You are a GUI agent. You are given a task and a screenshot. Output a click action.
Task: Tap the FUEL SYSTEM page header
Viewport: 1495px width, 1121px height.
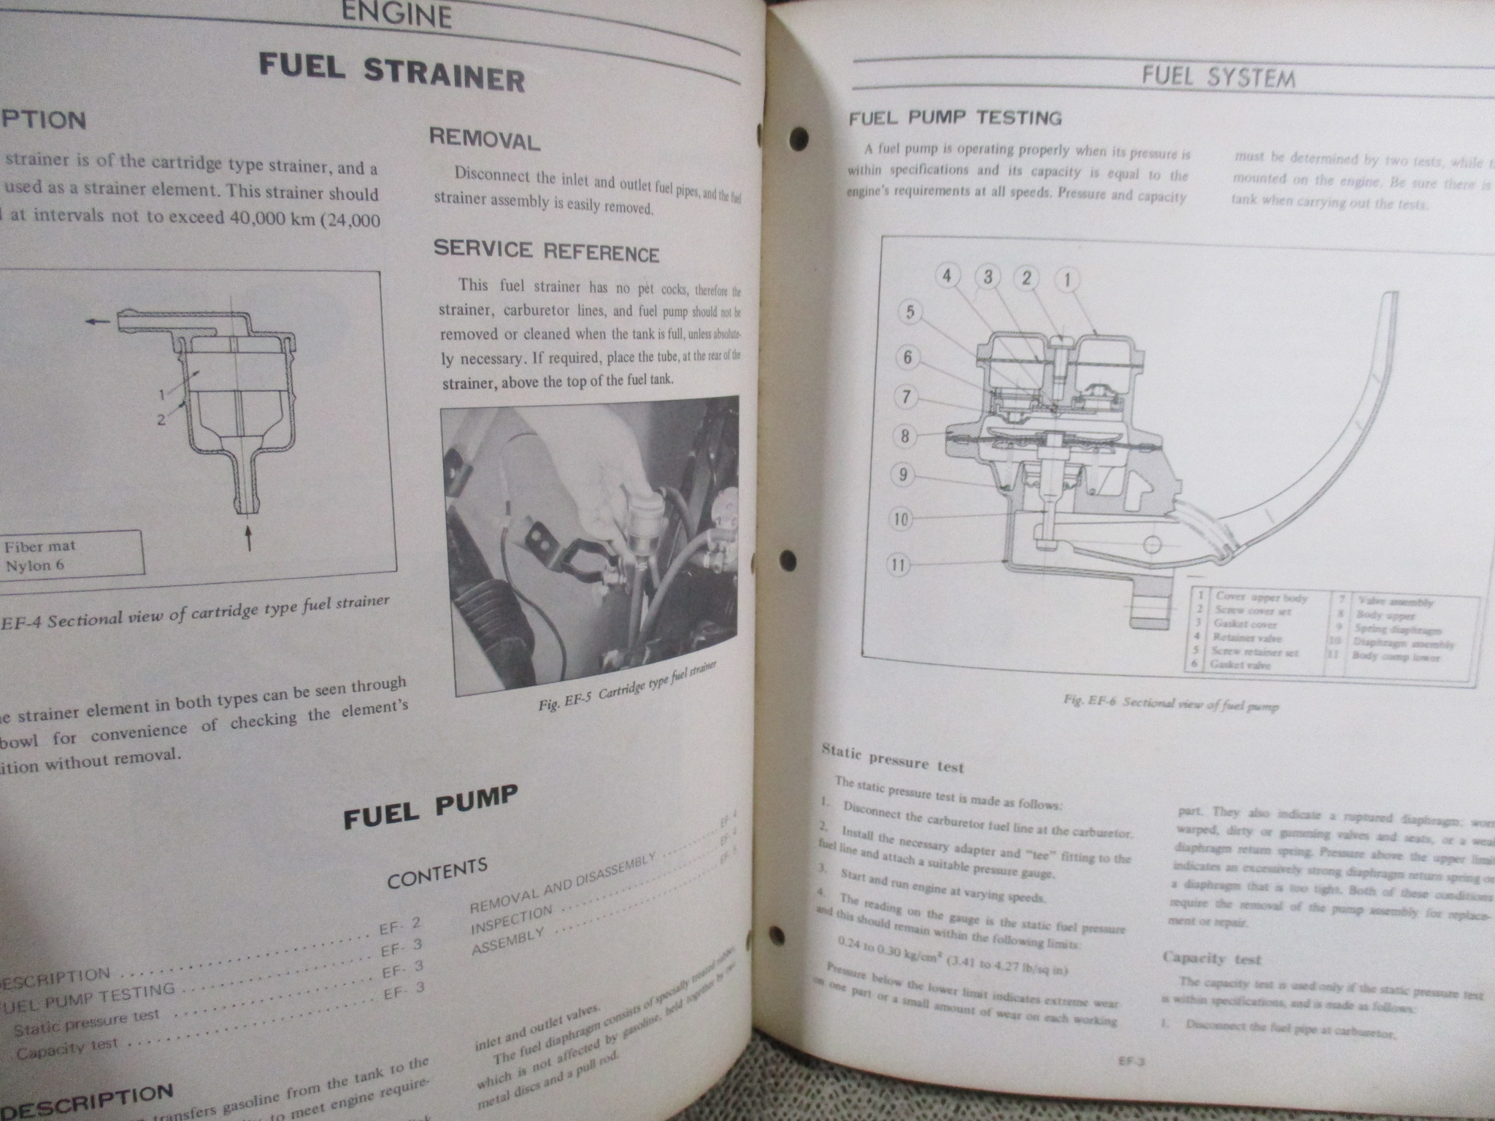coord(1218,77)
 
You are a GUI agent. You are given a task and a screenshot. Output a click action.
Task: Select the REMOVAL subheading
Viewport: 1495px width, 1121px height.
coord(485,139)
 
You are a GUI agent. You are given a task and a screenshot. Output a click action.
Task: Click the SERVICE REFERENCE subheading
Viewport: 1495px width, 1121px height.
coord(546,251)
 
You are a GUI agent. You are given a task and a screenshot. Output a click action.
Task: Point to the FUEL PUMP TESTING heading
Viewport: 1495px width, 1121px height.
coord(955,118)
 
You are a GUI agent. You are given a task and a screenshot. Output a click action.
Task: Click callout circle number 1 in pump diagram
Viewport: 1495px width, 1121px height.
coord(1067,279)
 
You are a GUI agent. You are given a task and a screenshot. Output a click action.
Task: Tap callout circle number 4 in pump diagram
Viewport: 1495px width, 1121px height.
coord(947,276)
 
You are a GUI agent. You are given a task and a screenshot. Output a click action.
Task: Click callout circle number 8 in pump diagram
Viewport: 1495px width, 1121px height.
coord(905,436)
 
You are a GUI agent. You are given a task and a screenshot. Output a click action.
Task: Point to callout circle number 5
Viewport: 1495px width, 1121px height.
coord(910,312)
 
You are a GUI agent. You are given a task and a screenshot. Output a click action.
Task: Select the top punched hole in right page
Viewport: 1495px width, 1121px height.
coord(800,136)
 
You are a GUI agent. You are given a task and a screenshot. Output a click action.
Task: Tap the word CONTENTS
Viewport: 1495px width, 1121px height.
coord(437,874)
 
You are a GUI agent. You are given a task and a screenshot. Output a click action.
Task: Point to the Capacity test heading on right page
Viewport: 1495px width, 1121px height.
coord(1211,958)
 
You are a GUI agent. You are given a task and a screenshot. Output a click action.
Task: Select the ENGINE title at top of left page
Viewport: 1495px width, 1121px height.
coord(396,15)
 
